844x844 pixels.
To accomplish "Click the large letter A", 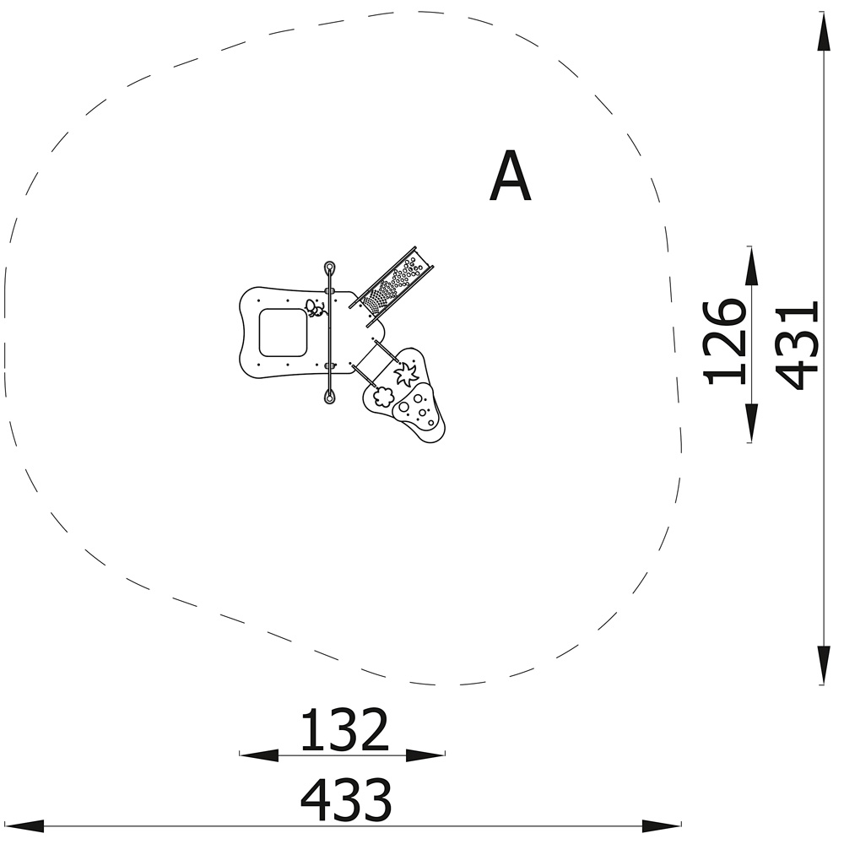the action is click(511, 176).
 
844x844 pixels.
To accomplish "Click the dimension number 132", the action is click(344, 730).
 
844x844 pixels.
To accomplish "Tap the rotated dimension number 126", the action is click(724, 343).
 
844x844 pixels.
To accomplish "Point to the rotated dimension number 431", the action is click(798, 345).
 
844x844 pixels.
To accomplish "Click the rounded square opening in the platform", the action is click(283, 333).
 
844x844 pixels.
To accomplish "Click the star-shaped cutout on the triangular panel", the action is click(407, 372).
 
